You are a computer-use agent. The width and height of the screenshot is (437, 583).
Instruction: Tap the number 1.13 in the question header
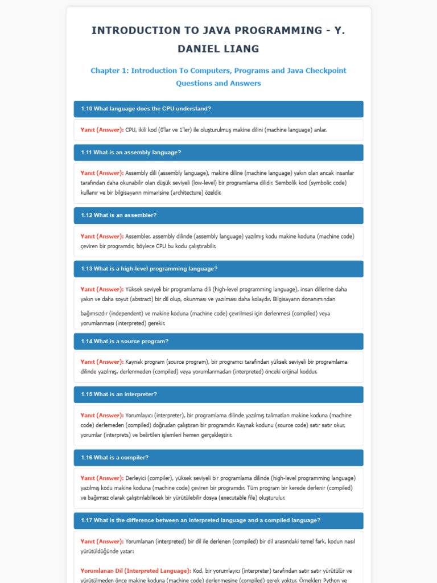pos(86,269)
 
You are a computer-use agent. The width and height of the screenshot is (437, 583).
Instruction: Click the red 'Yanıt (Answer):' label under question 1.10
pos(102,130)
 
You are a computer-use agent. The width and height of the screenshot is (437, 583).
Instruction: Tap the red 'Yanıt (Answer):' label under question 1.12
pos(102,236)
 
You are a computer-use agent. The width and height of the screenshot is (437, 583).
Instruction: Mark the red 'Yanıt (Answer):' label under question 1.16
pos(102,478)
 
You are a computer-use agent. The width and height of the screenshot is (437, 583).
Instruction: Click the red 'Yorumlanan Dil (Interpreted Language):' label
pos(135,570)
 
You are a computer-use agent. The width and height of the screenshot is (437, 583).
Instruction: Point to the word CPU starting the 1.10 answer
pos(131,130)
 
